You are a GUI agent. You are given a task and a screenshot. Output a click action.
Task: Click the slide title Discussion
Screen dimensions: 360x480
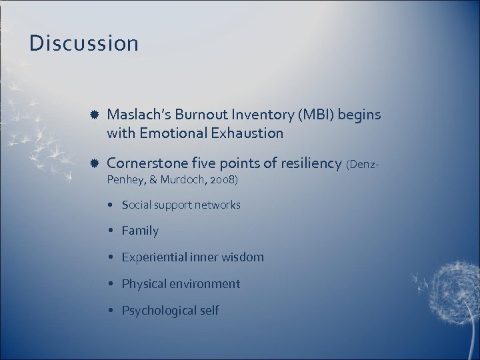click(x=84, y=44)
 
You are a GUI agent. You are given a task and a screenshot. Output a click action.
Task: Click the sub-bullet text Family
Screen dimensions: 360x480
click(x=140, y=231)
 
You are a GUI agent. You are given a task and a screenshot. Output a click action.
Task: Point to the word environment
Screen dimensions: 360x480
click(x=207, y=283)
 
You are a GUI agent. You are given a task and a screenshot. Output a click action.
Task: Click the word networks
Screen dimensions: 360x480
click(x=217, y=205)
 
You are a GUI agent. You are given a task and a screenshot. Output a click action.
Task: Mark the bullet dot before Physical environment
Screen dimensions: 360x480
click(x=113, y=284)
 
